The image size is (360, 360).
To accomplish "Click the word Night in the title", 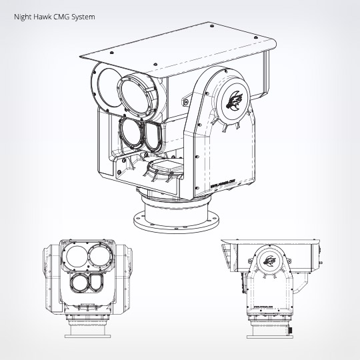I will point(22,13).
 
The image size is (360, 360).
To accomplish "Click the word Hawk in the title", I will point(41,13).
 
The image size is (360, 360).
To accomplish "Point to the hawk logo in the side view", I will point(271,261).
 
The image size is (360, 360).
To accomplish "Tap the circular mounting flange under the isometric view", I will point(176,221).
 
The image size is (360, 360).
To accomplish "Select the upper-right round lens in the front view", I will point(99,256).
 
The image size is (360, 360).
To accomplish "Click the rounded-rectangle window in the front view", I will point(97,283).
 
